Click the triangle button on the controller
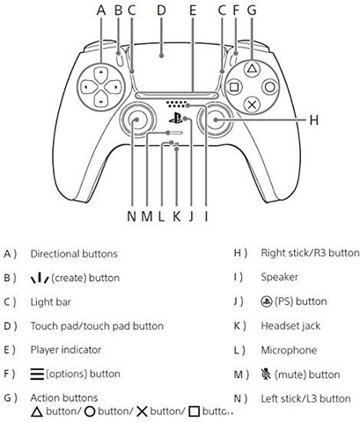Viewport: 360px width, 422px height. [252, 69]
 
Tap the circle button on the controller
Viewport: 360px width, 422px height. [270, 87]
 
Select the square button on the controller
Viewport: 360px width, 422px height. [234, 87]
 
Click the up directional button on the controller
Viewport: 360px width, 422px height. [100, 74]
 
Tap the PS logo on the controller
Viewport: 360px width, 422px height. [175, 119]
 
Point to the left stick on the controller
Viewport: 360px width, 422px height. [136, 120]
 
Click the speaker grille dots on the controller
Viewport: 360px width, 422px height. [176, 104]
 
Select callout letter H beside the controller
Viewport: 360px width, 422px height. [314, 120]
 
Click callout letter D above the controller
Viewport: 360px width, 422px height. [161, 11]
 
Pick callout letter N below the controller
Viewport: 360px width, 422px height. [132, 216]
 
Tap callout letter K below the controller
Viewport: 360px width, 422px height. [176, 216]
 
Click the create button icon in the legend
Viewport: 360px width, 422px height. [40, 278]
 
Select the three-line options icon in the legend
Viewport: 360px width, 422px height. [37, 374]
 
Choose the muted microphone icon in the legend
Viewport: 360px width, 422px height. [266, 374]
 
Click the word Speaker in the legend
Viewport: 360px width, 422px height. [279, 277]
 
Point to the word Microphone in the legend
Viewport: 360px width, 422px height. [289, 350]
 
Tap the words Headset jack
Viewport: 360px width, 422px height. [290, 326]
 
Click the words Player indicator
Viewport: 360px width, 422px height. [66, 350]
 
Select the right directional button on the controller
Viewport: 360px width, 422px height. [113, 87]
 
